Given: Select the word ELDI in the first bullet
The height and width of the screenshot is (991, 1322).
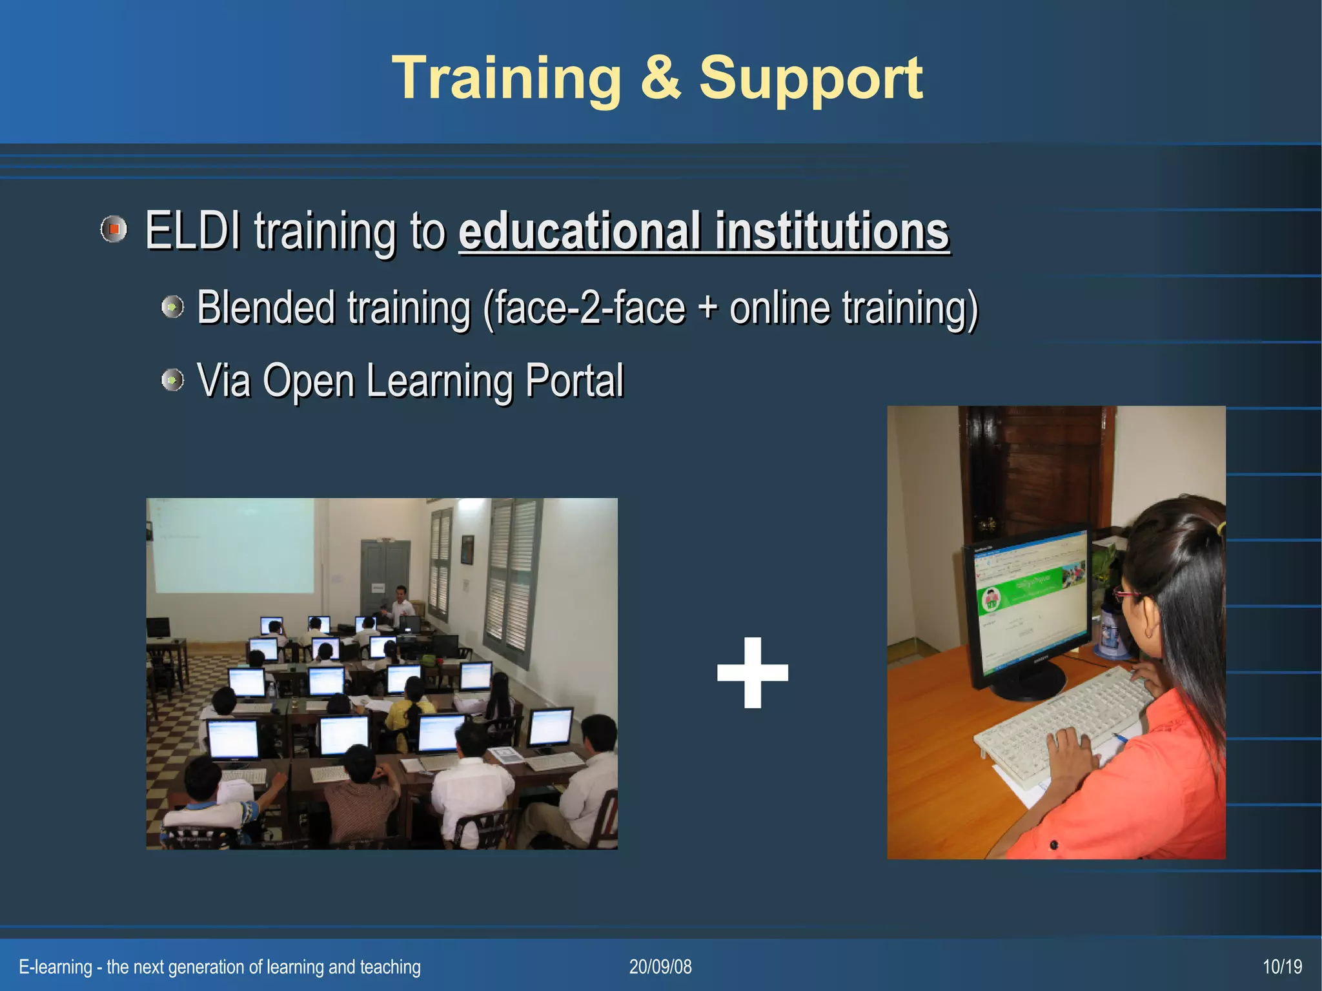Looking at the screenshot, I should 192,230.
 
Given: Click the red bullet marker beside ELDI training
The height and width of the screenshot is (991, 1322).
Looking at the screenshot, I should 114,229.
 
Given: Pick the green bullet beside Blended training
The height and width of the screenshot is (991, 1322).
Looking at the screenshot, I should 172,307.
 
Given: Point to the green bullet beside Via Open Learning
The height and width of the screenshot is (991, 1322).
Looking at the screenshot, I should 172,380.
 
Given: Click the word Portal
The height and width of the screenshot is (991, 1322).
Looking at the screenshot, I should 574,380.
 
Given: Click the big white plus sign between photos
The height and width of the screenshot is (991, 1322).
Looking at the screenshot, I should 753,672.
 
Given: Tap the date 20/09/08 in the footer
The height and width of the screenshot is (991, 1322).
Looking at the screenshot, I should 660,966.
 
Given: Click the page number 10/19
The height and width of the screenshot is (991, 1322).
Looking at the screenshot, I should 1282,966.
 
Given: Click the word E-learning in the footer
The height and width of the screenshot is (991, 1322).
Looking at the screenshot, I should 56,966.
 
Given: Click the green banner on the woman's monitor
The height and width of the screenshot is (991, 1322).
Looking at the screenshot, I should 1020,591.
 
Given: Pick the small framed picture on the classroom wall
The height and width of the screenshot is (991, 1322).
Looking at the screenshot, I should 467,549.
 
